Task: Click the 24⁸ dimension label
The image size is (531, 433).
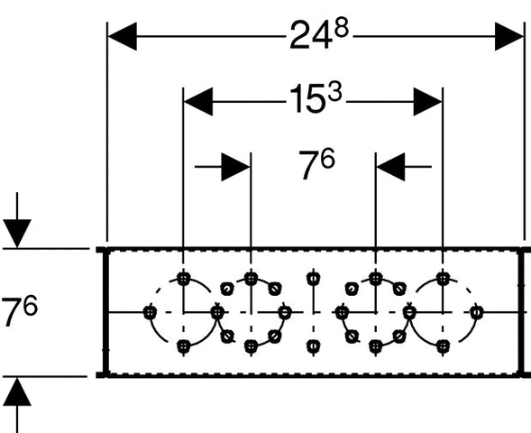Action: (x=319, y=34)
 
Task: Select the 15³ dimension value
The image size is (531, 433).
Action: (x=316, y=98)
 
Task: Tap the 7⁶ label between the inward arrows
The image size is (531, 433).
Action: (x=317, y=163)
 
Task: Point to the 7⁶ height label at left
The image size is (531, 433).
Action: (x=19, y=310)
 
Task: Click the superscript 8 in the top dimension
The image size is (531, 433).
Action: (x=342, y=28)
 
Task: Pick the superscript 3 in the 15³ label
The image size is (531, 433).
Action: (x=335, y=92)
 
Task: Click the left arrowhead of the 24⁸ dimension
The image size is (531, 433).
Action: (x=123, y=36)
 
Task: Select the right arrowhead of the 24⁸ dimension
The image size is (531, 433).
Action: (x=509, y=36)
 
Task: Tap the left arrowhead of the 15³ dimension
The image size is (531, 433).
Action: (x=198, y=101)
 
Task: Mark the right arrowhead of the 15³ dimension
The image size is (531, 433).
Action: (x=427, y=101)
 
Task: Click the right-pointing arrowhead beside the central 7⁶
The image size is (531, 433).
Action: (x=235, y=167)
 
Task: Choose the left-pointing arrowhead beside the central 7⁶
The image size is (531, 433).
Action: (x=390, y=167)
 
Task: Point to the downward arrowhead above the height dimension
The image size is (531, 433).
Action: (x=17, y=234)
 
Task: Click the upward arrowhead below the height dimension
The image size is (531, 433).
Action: (x=17, y=392)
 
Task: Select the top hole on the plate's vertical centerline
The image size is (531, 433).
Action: (x=314, y=279)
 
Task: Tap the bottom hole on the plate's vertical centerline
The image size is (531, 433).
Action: (x=314, y=346)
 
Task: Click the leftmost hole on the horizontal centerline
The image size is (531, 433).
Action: (x=150, y=312)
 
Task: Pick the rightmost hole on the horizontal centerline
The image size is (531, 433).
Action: (x=477, y=312)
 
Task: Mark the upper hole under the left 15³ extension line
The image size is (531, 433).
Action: (x=184, y=279)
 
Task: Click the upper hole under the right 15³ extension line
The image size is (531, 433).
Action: (x=443, y=279)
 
